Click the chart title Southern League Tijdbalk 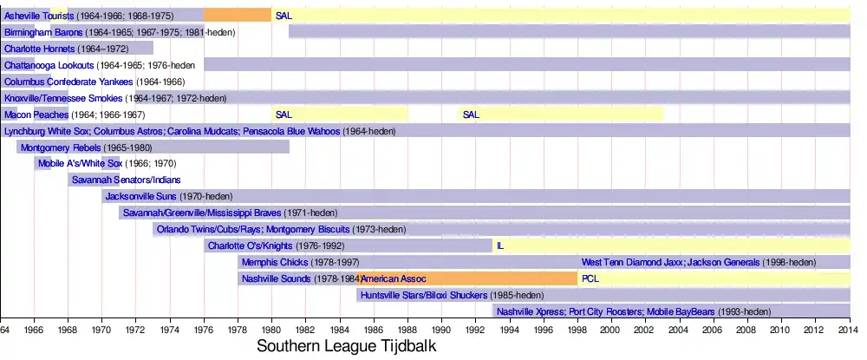[346, 346]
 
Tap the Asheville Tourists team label [39, 16]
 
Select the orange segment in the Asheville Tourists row [237, 15]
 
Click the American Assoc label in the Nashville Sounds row [395, 278]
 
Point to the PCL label [590, 278]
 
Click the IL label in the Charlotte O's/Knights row [499, 245]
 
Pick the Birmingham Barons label [43, 32]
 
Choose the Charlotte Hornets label [39, 49]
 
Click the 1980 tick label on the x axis [271, 330]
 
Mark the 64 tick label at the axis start [5, 330]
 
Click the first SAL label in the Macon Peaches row [283, 115]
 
